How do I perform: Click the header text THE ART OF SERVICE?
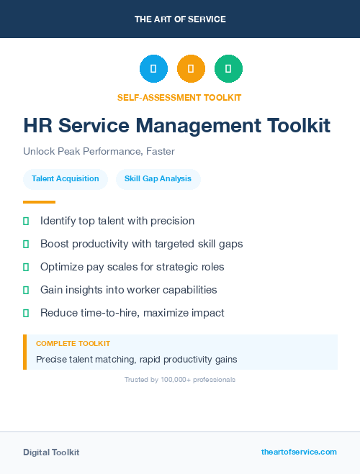(180, 19)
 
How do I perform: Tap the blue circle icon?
(153, 69)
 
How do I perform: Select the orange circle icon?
(191, 69)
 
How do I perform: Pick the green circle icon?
(228, 69)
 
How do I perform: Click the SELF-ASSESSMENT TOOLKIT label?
(179, 97)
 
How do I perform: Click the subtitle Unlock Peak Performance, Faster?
(99, 152)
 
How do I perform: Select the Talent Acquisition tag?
(66, 179)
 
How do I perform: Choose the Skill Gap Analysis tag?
(158, 179)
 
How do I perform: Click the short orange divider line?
(39, 202)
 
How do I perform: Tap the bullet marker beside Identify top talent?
(26, 221)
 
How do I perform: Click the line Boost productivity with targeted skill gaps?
(141, 244)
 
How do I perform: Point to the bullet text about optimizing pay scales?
(132, 267)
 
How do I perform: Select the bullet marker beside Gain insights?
(26, 290)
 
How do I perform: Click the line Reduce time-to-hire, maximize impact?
(132, 313)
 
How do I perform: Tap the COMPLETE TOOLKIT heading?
(73, 344)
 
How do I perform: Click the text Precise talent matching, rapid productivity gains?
(136, 359)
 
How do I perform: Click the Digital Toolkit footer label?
(51, 452)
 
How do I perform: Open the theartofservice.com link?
(299, 452)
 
